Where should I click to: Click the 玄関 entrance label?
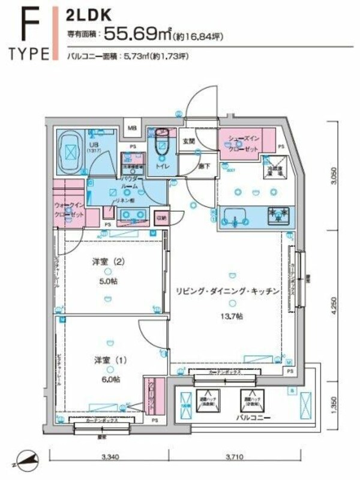click(x=188, y=141)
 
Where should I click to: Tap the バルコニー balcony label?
click(x=247, y=417)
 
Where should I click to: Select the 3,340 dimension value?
click(x=110, y=458)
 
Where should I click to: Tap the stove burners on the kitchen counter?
click(x=278, y=214)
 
